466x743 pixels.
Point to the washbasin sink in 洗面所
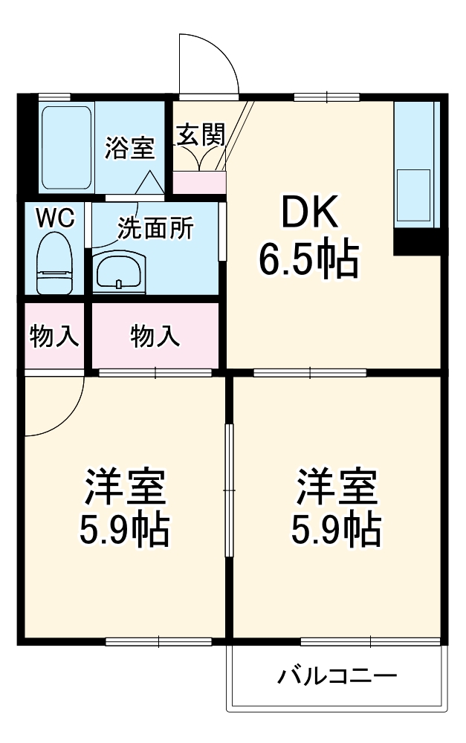(120, 269)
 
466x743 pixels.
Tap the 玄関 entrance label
(200, 136)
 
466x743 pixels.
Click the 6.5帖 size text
(308, 259)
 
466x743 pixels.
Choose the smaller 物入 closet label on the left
(54, 336)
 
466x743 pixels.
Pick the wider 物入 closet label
(155, 336)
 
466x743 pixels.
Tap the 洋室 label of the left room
(124, 487)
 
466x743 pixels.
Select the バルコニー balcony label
(338, 677)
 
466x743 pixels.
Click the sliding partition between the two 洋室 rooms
(230, 491)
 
